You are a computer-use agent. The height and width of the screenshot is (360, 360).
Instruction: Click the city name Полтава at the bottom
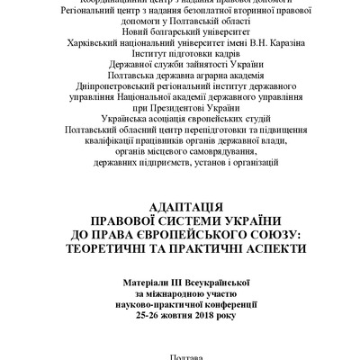coord(180,355)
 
